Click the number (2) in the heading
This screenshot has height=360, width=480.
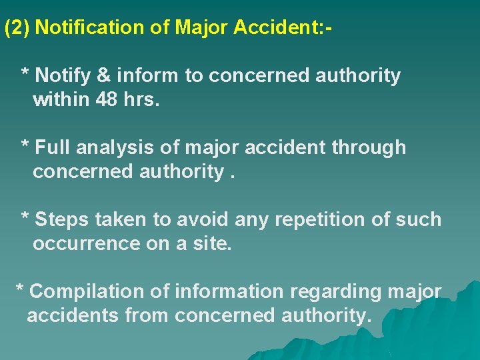tap(17, 28)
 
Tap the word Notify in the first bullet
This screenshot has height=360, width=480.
tap(63, 76)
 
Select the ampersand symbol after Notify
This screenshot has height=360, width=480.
tap(104, 76)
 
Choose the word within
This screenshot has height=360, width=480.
tap(63, 101)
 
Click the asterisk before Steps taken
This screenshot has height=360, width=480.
tap(25, 217)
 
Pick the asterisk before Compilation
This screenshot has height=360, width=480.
tap(20, 289)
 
